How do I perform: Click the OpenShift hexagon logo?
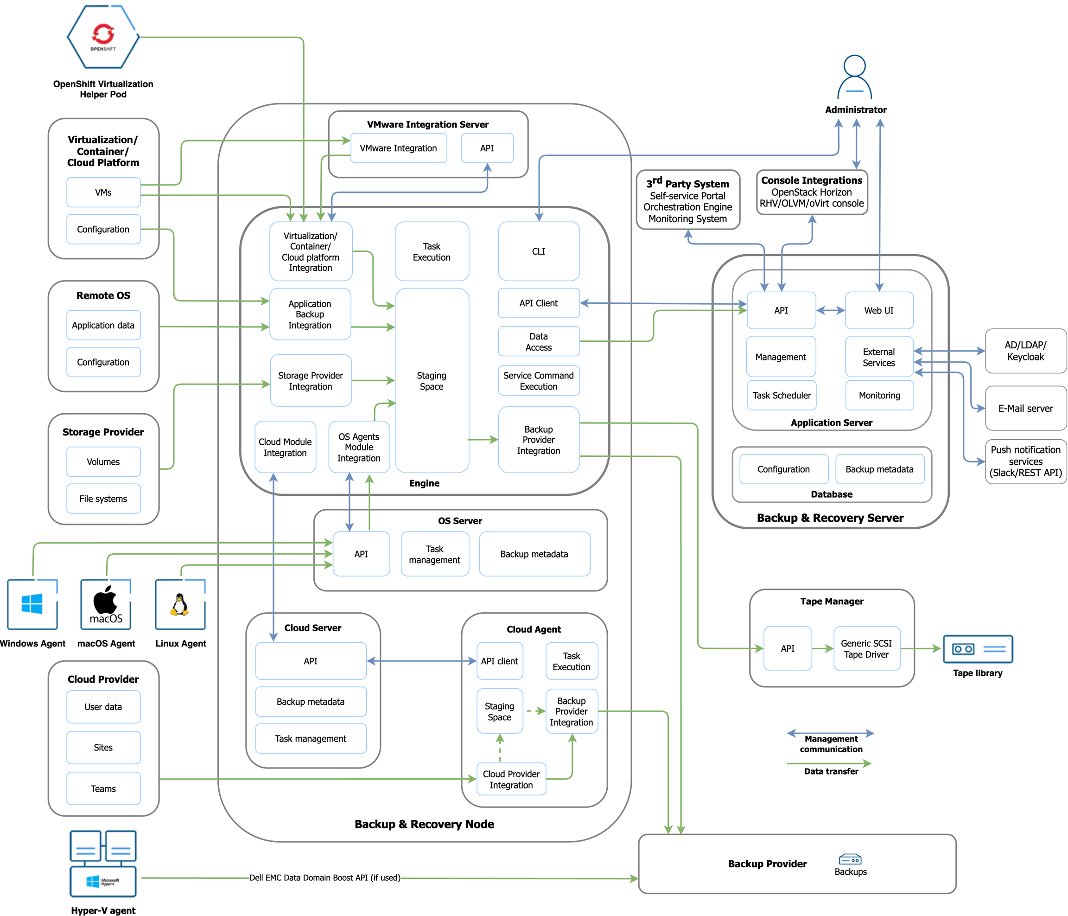[103, 37]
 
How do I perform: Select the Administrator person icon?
[855, 77]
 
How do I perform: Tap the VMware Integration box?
[399, 148]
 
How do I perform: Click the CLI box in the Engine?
[539, 252]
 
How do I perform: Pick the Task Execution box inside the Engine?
[432, 252]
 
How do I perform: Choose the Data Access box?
[539, 342]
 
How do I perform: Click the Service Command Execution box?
[539, 381]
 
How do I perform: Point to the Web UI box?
[879, 310]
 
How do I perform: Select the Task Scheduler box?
[782, 396]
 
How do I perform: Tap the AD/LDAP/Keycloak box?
[1025, 351]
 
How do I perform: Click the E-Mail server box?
[1025, 409]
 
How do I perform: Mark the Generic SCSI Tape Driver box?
[866, 649]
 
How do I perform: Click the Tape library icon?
[978, 649]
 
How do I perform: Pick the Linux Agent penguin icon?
[180, 604]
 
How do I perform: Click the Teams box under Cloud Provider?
[103, 788]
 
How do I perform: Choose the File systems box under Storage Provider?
[103, 499]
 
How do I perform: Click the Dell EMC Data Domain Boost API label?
[325, 878]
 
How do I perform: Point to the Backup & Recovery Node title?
[424, 824]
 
